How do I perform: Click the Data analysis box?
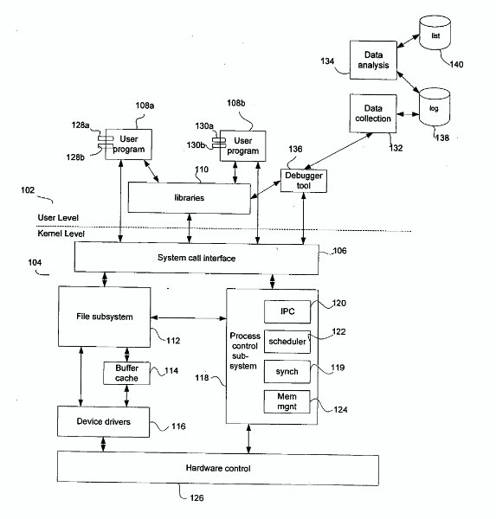point(373,60)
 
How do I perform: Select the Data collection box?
point(373,113)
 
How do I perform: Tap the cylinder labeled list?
point(435,33)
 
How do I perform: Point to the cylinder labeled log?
point(435,106)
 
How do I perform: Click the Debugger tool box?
point(304,181)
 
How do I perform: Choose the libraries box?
point(190,198)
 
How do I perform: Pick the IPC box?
point(287,311)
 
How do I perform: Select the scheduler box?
point(287,342)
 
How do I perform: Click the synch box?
point(287,372)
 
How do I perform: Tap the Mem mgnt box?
point(287,401)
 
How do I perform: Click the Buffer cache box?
point(126,373)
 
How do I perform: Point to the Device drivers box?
point(103,421)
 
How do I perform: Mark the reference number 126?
point(196,498)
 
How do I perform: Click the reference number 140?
point(456,64)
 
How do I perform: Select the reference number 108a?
point(145,106)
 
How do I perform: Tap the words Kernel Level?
point(61,234)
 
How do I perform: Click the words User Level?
point(58,217)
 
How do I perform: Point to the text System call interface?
point(196,258)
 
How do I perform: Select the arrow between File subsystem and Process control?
point(189,318)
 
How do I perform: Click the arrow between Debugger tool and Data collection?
point(338,151)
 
